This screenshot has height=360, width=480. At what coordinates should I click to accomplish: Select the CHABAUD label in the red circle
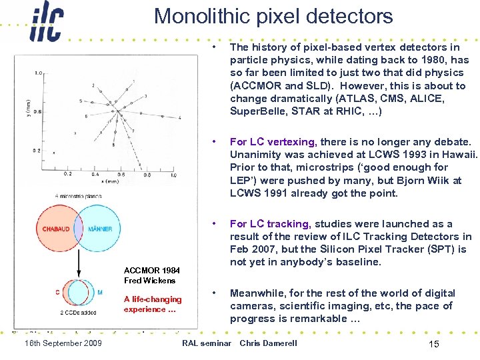coord(56,229)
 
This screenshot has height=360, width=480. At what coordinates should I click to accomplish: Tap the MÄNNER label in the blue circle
coord(99,229)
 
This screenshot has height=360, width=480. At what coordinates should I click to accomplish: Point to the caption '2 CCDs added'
coord(79,312)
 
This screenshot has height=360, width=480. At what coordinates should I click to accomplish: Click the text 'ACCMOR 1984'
coord(152,270)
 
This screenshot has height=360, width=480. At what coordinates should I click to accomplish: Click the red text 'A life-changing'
coord(152,299)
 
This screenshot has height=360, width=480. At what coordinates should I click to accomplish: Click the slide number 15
coord(433,343)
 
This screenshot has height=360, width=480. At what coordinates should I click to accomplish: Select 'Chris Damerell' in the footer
coord(268,343)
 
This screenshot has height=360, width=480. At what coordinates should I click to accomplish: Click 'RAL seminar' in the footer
coord(206,343)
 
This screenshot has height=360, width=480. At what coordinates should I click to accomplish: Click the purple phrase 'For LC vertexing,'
coord(272,142)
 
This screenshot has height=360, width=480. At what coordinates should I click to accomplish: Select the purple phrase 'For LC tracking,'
coord(270,224)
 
